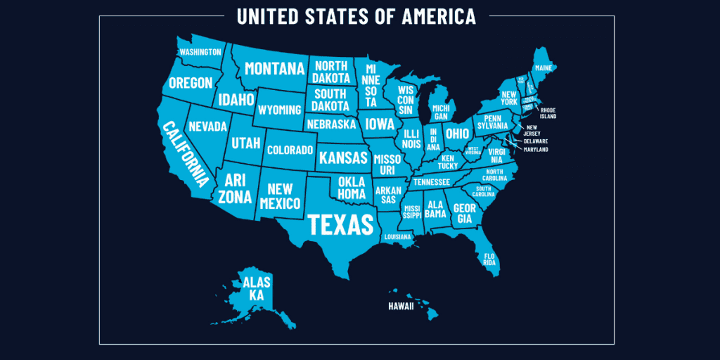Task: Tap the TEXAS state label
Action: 340,224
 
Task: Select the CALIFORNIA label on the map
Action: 186,154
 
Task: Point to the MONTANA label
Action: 274,68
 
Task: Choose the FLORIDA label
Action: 489,258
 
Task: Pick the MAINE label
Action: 544,67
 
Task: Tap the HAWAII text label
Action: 401,307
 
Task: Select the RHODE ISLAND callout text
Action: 548,113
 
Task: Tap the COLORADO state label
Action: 290,150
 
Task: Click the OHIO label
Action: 457,133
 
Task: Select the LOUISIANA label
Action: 397,237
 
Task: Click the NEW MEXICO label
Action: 280,196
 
